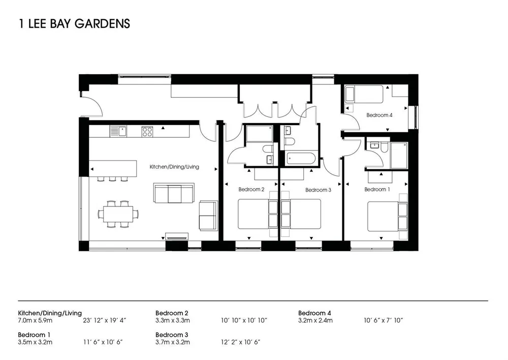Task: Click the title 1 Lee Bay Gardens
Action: point(75,24)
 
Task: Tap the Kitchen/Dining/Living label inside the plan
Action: point(174,167)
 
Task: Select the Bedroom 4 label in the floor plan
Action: point(379,115)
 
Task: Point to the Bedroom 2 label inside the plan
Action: point(251,189)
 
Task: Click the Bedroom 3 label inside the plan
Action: point(318,190)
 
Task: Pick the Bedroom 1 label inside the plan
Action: point(377,189)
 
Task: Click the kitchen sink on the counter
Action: point(118,131)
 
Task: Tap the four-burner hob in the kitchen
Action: point(147,131)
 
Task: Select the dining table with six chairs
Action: point(118,214)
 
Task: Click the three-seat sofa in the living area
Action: point(174,193)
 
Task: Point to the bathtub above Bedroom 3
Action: point(301,158)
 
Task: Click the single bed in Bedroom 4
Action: point(364,94)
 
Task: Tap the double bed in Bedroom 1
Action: point(387,216)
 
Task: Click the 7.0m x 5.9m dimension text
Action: point(35,321)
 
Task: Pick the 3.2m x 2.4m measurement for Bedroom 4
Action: point(315,321)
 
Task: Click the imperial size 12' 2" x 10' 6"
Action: point(241,342)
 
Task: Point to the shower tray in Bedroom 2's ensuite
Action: point(259,134)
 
